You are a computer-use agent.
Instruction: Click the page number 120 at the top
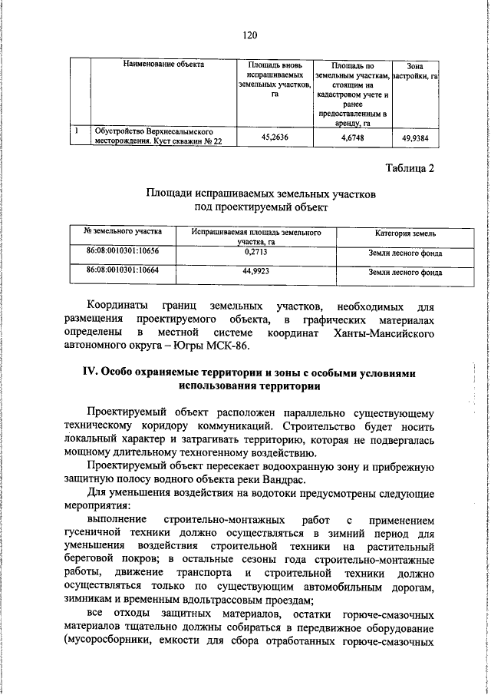coord(247,35)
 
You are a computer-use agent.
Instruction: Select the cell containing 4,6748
coord(352,138)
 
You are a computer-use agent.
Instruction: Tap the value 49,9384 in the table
coord(415,138)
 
